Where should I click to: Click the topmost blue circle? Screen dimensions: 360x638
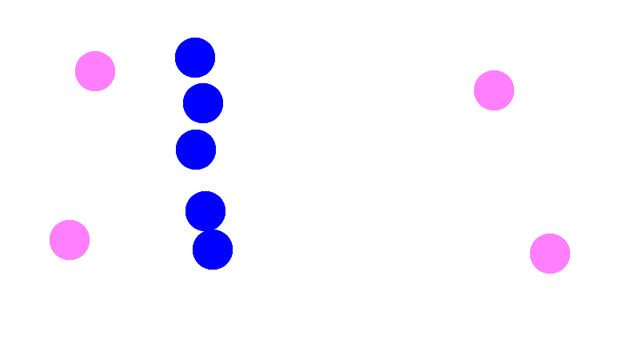(195, 58)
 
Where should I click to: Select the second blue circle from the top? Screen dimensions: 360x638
(203, 103)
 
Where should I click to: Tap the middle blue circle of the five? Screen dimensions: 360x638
(196, 150)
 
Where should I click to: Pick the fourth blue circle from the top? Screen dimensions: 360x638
(205, 210)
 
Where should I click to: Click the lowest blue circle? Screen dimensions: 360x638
(213, 250)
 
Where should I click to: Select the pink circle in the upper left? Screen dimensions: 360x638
(95, 71)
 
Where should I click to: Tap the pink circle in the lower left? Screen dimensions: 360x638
(70, 240)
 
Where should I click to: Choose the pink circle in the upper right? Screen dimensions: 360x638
(494, 90)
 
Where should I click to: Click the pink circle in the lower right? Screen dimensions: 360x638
(550, 254)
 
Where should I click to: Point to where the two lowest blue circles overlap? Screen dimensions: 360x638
(209, 230)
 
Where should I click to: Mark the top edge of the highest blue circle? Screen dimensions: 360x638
(195, 39)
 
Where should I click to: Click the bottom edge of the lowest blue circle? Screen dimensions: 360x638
(213, 269)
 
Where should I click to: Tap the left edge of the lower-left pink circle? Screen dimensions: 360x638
(51, 240)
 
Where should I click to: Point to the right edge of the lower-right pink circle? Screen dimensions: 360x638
(568, 254)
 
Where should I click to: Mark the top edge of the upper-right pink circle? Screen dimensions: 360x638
(494, 72)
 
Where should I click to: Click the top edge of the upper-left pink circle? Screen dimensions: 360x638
(95, 53)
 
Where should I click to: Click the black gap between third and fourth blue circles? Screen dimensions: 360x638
(200, 180)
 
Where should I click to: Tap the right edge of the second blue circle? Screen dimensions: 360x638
(221, 103)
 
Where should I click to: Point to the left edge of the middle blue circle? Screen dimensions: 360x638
(177, 150)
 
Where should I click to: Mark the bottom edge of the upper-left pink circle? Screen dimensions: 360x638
(95, 90)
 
